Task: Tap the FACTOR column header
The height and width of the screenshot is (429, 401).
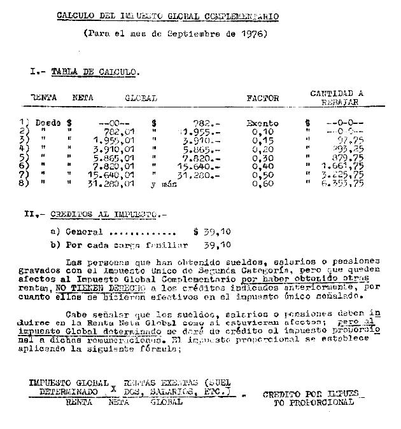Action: [x=263, y=98]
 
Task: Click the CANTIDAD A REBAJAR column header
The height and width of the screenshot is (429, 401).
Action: [x=337, y=97]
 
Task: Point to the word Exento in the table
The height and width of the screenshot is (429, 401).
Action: [x=263, y=123]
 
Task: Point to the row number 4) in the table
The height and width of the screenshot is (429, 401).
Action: [x=25, y=149]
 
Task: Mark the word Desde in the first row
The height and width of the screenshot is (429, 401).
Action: [x=48, y=123]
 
